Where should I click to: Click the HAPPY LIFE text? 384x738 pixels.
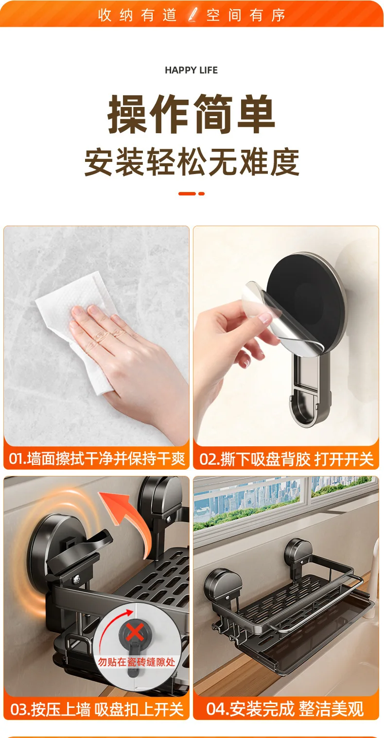191,70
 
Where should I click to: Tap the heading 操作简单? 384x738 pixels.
192,114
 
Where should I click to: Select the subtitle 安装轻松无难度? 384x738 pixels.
192,162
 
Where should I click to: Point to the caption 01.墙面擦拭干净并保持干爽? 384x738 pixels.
97,458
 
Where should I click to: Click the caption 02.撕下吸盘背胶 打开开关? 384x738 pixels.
286,459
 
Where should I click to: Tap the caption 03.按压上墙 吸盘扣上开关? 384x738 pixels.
97,709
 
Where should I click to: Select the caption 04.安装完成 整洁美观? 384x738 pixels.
285,709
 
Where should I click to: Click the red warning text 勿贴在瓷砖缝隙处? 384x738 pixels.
136,661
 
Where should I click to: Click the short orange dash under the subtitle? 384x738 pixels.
202,193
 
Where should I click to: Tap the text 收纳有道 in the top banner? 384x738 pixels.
138,15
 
